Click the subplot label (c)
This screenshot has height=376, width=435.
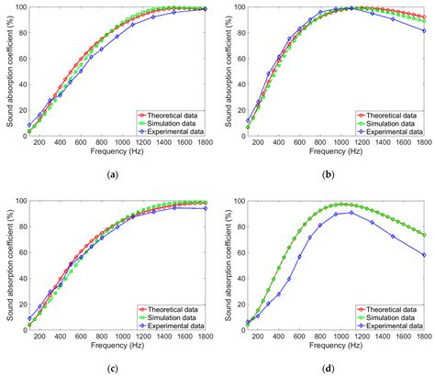click(112, 368)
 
